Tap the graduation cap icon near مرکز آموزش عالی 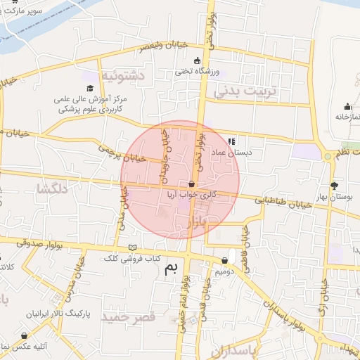click(90, 88)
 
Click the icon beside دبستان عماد click(232, 141)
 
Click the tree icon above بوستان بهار click(334, 186)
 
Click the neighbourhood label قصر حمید click(128, 318)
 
